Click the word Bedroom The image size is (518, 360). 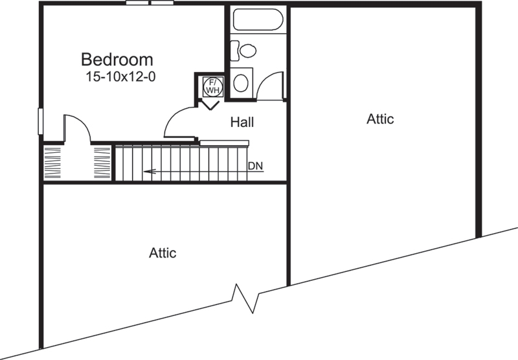tap(117, 60)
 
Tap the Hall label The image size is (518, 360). tap(242, 122)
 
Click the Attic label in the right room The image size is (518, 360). tap(380, 119)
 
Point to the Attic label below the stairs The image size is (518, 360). tap(163, 253)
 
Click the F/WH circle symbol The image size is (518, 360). tap(211, 85)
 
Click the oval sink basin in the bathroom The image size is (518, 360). tap(241, 82)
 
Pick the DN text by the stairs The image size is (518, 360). tap(256, 166)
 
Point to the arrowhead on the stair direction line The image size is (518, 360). tap(148, 172)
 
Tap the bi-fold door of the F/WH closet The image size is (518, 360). tap(211, 104)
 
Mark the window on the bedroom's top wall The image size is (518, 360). tap(150, 3)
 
